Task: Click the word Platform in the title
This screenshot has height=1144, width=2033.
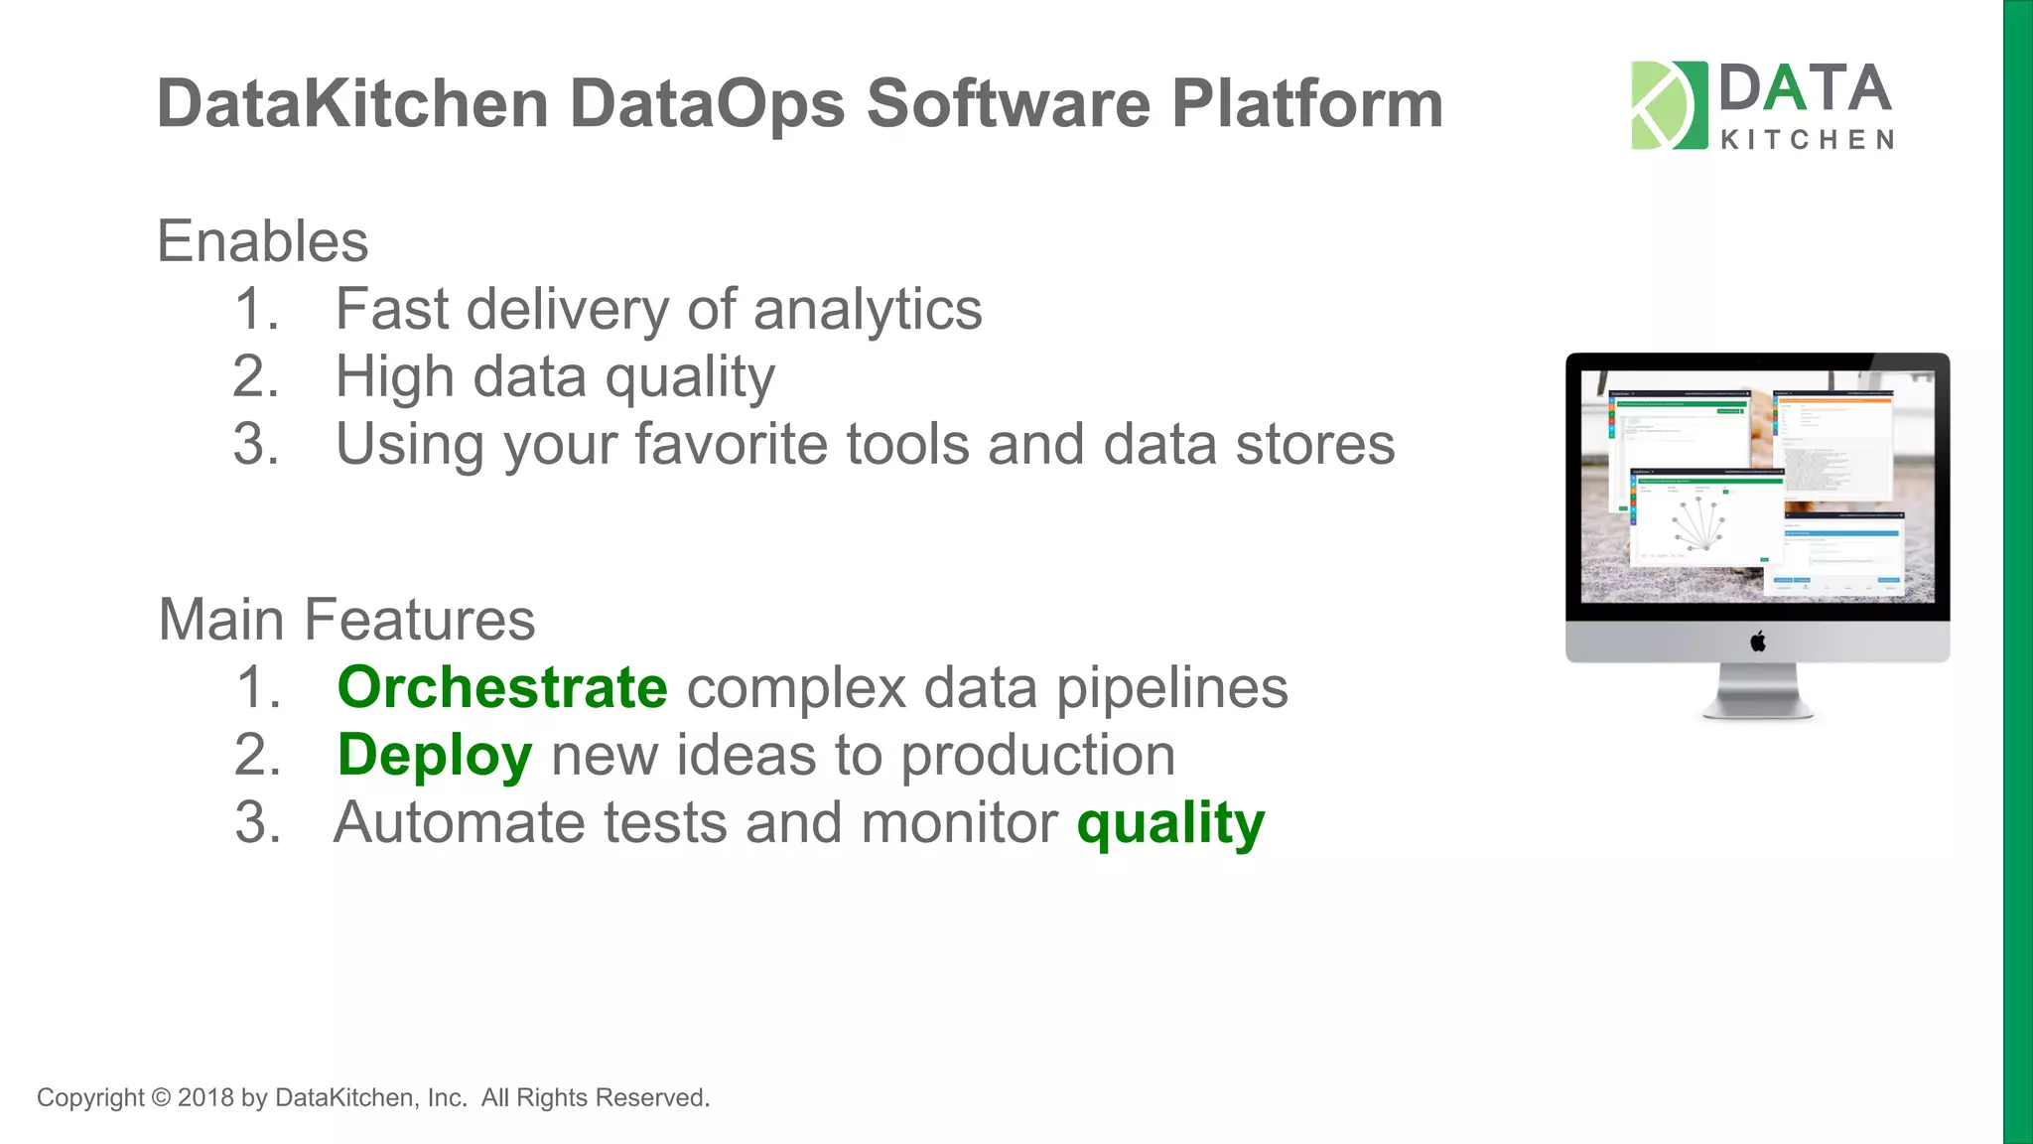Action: [1306, 104]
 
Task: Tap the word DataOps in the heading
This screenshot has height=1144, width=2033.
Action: [707, 104]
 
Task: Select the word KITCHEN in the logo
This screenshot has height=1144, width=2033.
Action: [1807, 140]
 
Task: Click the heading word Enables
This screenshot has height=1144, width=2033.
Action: [262, 241]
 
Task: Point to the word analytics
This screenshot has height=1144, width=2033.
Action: [868, 310]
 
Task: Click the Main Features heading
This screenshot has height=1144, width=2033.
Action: [346, 620]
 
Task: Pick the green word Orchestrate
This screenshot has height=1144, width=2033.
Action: [502, 687]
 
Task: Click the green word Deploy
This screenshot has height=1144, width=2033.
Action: [435, 756]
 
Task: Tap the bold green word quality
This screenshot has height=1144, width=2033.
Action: [1170, 823]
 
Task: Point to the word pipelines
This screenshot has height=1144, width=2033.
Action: [1171, 688]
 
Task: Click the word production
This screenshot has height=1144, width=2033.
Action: [1037, 756]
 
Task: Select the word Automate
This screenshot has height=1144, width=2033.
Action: [460, 823]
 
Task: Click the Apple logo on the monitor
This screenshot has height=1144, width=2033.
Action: [1758, 642]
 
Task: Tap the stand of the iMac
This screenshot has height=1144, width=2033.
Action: [1758, 691]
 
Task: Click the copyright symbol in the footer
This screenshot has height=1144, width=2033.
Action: [161, 1097]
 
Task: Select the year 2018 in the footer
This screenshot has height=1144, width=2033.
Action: [205, 1097]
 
